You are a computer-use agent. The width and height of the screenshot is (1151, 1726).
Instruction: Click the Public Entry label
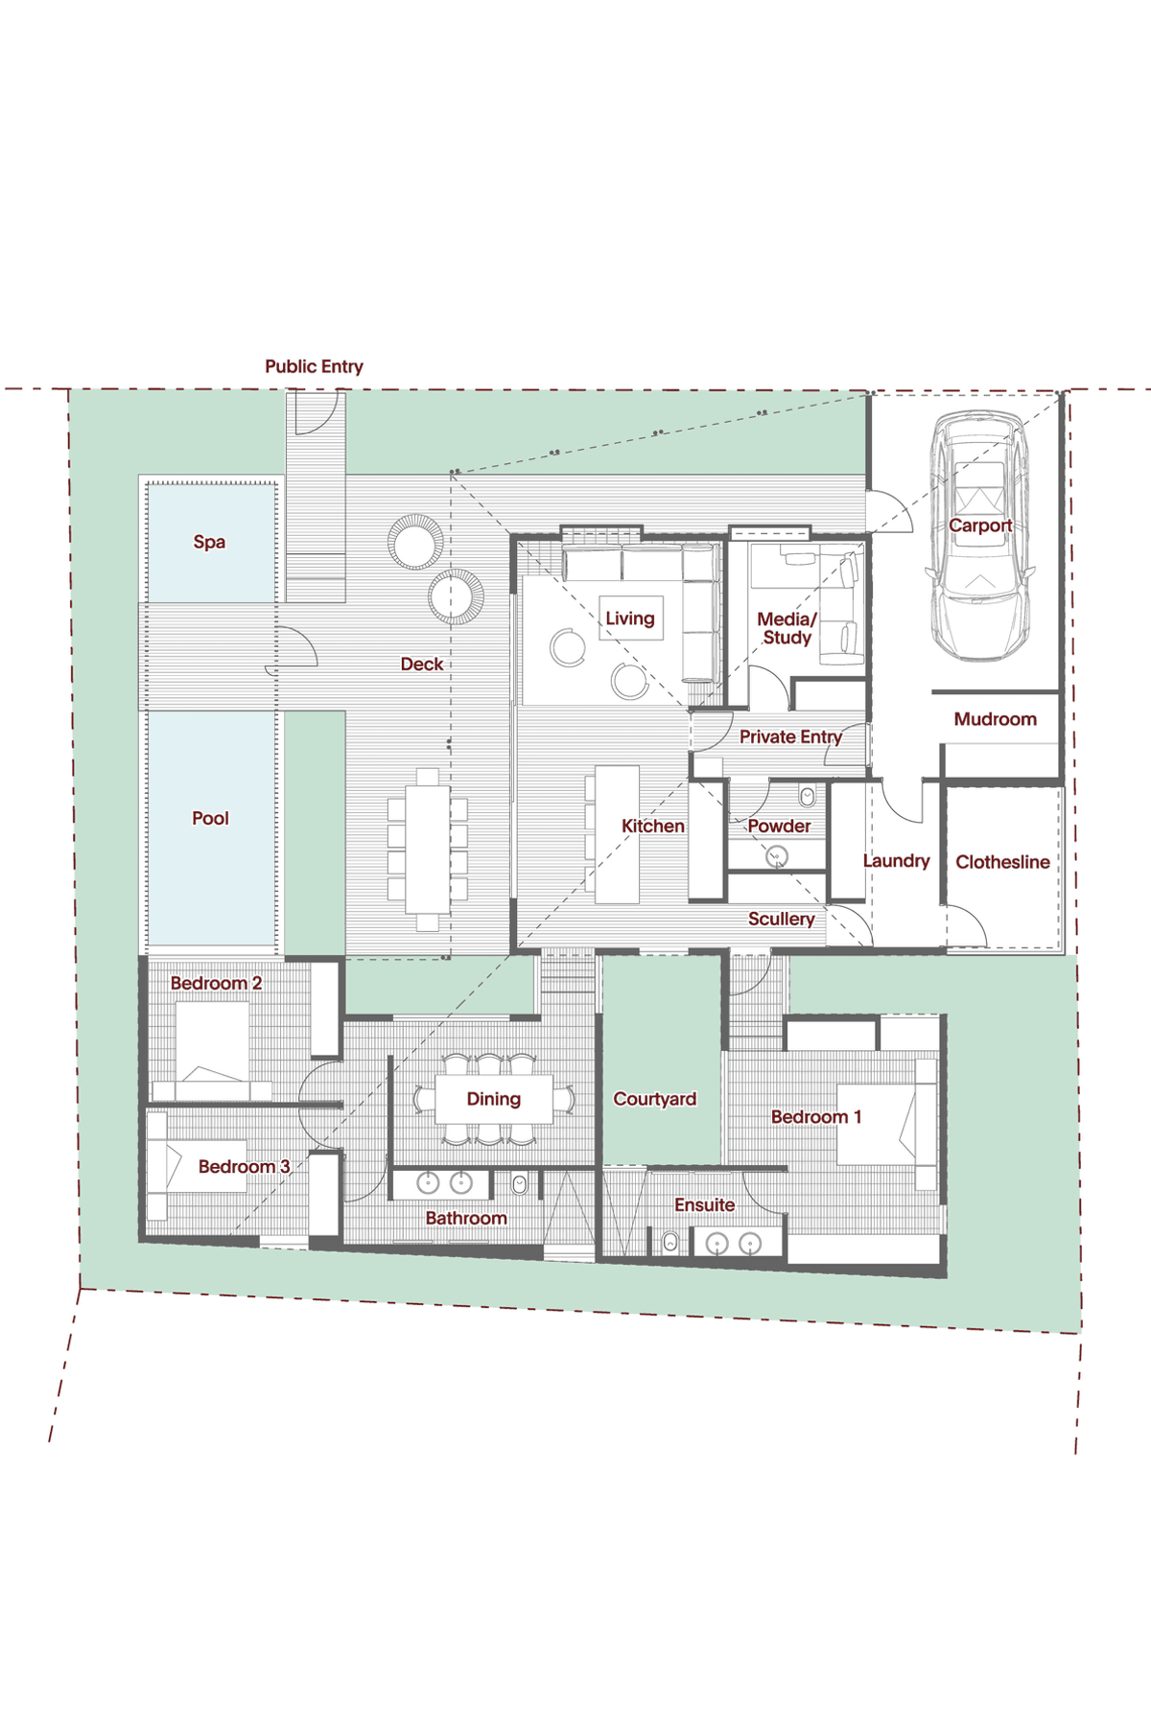click(314, 366)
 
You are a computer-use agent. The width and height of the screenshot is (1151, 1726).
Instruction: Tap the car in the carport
click(979, 536)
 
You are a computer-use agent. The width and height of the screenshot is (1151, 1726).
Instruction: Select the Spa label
click(209, 542)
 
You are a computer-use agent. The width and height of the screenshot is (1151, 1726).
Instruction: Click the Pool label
click(210, 818)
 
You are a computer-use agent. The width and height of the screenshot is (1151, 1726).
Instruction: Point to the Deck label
click(422, 664)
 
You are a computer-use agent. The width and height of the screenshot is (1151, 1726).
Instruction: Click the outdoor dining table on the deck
click(428, 850)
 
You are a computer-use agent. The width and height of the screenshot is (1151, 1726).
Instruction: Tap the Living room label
click(630, 618)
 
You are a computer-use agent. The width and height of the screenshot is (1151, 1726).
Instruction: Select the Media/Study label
click(787, 628)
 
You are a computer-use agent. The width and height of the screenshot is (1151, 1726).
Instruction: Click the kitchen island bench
click(617, 834)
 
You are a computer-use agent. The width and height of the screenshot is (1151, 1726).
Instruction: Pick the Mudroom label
click(995, 719)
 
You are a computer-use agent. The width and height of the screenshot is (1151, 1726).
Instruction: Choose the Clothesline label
click(1002, 862)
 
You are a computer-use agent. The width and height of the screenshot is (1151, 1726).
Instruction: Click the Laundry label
click(896, 861)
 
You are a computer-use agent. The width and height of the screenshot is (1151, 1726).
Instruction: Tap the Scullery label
click(782, 919)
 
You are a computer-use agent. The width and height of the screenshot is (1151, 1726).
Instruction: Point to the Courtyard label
click(655, 1099)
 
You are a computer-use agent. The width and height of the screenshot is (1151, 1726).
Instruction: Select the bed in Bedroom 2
click(212, 1051)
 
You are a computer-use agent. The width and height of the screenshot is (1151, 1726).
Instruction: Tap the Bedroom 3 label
click(244, 1166)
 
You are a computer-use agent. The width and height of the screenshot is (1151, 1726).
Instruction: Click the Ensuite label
click(704, 1204)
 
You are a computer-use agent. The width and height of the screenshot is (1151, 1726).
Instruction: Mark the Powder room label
click(779, 826)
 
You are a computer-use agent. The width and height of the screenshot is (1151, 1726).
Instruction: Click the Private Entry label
click(790, 736)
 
